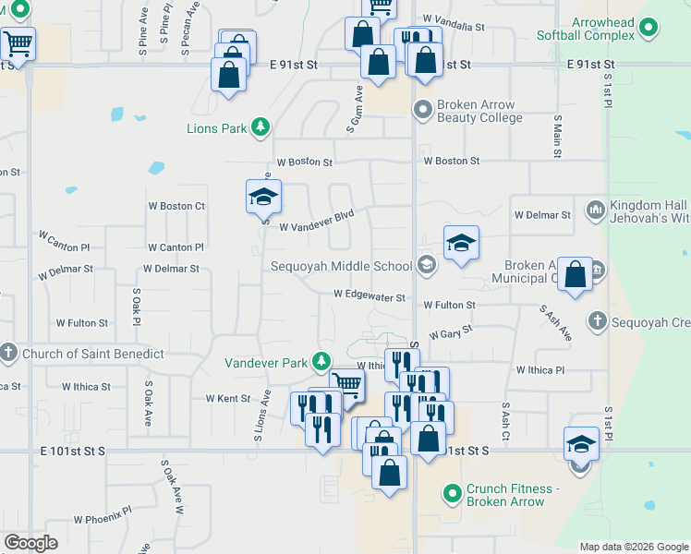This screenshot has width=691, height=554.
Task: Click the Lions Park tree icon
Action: pyautogui.click(x=261, y=126)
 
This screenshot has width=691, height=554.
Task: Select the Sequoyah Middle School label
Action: pyautogui.click(x=341, y=266)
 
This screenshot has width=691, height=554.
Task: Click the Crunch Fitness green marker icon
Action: pyautogui.click(x=452, y=494)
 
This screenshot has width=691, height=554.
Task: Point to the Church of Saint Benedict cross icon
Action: pyautogui.click(x=9, y=353)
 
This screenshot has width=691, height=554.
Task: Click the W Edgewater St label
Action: pyautogui.click(x=370, y=297)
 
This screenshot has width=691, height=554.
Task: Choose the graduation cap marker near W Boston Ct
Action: pyautogui.click(x=263, y=196)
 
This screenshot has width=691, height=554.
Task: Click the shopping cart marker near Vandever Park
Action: pyautogui.click(x=346, y=383)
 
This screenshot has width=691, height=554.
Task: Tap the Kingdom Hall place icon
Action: pyautogui.click(x=594, y=209)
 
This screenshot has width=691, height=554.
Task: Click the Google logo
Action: pyautogui.click(x=30, y=543)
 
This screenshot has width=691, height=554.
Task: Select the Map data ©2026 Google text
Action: pyautogui.click(x=634, y=547)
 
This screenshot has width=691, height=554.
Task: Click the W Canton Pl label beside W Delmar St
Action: pyautogui.click(x=176, y=247)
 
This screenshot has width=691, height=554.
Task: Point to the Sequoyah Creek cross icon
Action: pyautogui.click(x=598, y=322)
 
